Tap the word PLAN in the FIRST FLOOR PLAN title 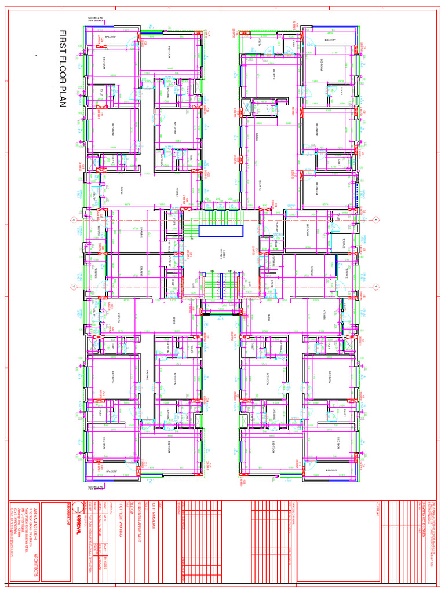pos(63,95)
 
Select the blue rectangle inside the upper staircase pos(221,231)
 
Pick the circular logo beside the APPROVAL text pos(78,507)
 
